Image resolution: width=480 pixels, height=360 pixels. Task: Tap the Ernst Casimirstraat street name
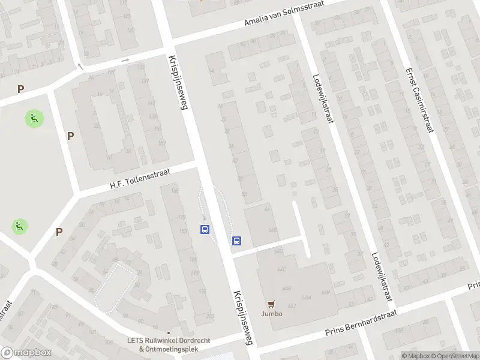(418, 99)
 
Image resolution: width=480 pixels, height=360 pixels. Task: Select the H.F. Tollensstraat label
(140, 179)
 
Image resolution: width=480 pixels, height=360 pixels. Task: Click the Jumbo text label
(271, 314)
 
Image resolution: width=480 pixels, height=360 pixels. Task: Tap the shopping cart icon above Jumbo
(271, 304)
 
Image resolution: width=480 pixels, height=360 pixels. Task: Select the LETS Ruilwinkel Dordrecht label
(169, 341)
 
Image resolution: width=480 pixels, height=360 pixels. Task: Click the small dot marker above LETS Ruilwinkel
(169, 332)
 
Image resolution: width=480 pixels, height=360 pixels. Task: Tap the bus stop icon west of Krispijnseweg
(205, 230)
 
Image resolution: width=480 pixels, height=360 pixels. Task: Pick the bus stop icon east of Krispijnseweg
(237, 241)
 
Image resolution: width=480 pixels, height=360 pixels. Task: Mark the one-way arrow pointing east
(125, 60)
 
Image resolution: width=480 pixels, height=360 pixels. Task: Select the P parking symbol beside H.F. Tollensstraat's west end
(71, 136)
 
